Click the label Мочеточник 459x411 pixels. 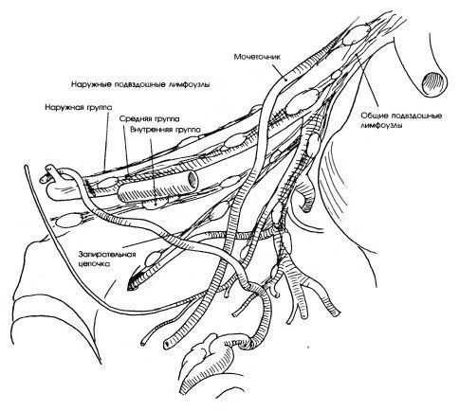point(257,57)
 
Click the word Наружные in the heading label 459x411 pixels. point(89,84)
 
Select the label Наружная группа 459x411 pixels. point(78,107)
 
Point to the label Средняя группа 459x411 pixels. point(150,119)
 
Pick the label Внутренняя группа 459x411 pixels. point(165,130)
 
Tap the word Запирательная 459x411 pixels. point(108,255)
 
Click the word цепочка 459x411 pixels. point(95,264)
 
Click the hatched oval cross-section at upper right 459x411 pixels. point(435,82)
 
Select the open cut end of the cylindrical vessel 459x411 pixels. point(193,179)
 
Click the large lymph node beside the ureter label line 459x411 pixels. point(302,101)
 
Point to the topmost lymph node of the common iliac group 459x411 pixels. point(357,34)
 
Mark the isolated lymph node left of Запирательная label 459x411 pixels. point(67,221)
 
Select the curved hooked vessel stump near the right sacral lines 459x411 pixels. point(305,199)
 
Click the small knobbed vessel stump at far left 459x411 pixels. point(47,172)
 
